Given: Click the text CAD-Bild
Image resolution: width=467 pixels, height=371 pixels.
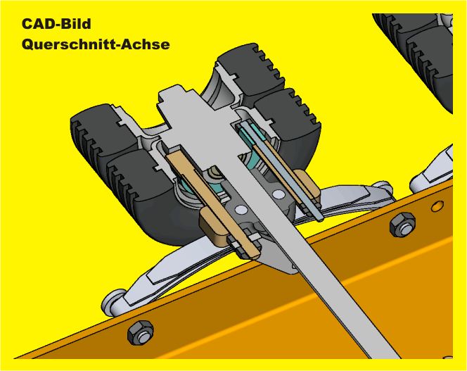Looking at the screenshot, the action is pyautogui.click(x=56, y=24).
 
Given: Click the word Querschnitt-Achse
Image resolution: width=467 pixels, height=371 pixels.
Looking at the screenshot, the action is pyautogui.click(x=96, y=44).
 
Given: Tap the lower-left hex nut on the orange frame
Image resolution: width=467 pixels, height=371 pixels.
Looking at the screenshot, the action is pyautogui.click(x=140, y=332).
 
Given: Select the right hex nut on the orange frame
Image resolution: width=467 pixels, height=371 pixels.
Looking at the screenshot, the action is pyautogui.click(x=403, y=225).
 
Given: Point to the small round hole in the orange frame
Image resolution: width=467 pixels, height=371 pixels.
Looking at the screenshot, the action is pyautogui.click(x=437, y=206).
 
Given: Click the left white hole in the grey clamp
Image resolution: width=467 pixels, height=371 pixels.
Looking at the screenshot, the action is pyautogui.click(x=241, y=210).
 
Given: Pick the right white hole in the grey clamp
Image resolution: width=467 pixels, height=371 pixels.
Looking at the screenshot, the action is pyautogui.click(x=279, y=194).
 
